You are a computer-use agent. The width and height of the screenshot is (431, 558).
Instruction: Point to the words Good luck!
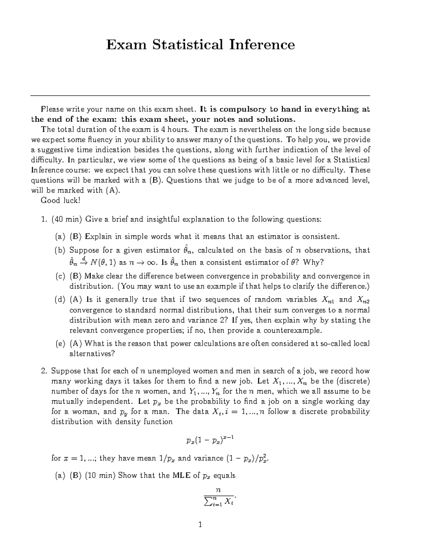tap(60, 200)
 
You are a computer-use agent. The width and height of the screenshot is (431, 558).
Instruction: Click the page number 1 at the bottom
tap(200, 525)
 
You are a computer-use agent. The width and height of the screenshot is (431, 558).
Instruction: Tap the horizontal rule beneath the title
tap(200, 96)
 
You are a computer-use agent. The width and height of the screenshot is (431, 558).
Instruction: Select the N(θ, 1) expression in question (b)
tap(103, 263)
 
